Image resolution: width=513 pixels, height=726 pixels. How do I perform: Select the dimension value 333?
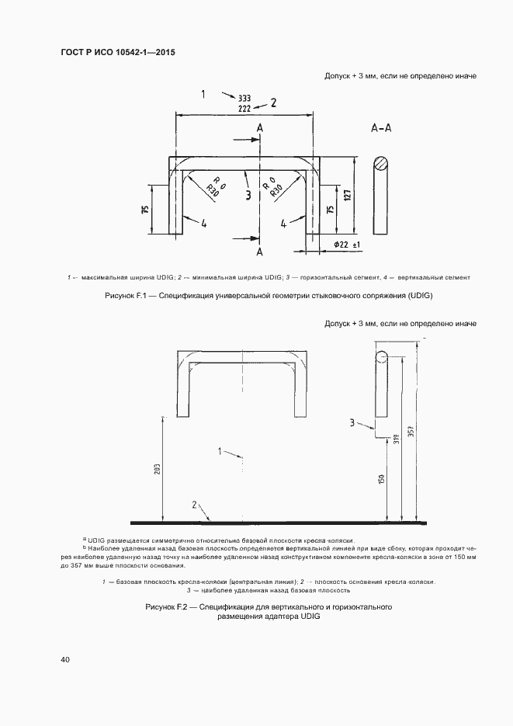coord(244,99)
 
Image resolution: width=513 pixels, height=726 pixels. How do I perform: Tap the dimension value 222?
coord(244,109)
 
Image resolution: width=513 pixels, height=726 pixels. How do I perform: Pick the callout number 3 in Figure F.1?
coord(247,195)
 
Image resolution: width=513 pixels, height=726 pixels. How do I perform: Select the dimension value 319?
coord(396,438)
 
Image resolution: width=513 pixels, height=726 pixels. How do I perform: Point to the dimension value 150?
coord(381,480)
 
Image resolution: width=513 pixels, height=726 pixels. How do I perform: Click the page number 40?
coord(65,660)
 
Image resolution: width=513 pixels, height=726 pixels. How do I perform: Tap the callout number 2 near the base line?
coord(194,505)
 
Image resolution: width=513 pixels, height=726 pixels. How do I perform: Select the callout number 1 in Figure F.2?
coord(220,450)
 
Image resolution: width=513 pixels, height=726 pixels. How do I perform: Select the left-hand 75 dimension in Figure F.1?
coord(144,210)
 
